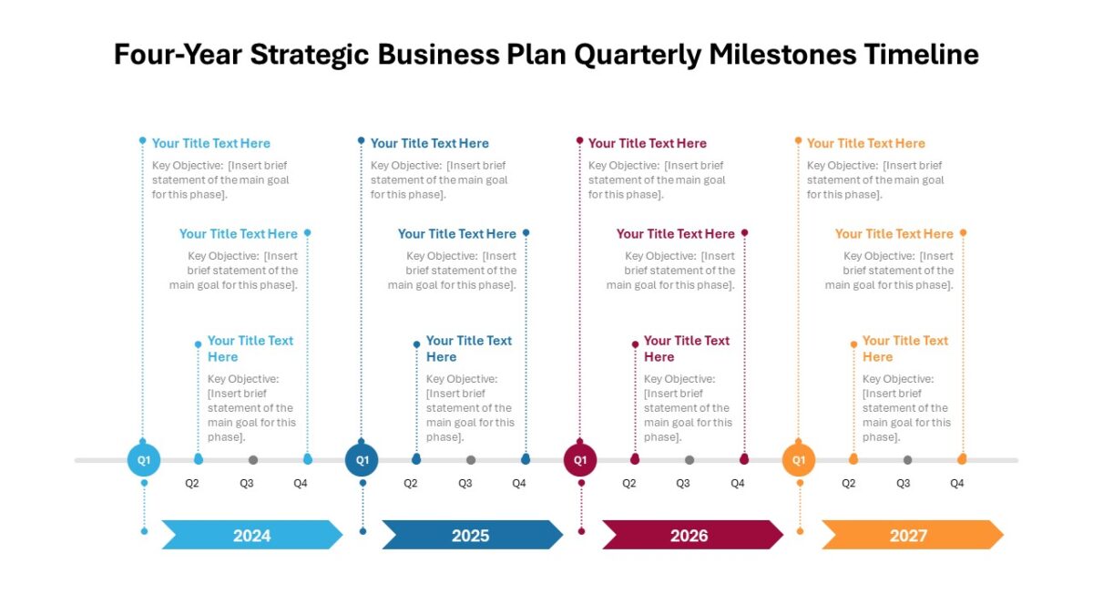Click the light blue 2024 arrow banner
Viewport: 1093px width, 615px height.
pos(252,535)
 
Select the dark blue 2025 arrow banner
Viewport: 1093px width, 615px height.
pos(472,535)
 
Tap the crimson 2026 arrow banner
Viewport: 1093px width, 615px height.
pos(692,535)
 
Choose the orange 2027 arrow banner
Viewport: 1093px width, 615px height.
pos(913,535)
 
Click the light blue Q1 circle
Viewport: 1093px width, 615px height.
pos(144,460)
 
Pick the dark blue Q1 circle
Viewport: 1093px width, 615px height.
pos(362,460)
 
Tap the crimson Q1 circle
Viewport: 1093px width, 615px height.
pos(580,460)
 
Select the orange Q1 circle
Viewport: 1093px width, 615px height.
pos(799,460)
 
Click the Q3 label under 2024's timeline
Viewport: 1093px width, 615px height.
pos(247,483)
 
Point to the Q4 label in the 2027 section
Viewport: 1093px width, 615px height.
pos(957,483)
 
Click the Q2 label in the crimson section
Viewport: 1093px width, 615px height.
pos(629,483)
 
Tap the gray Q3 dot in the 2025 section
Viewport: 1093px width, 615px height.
pos(471,460)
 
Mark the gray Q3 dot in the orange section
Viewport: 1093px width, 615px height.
pos(907,460)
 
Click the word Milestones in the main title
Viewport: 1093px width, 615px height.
pos(782,54)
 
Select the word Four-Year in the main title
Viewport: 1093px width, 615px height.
pos(178,54)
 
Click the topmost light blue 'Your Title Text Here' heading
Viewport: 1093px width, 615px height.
pos(210,144)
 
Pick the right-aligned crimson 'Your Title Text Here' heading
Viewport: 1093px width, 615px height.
pos(675,234)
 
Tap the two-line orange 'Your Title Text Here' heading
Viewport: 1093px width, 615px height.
pos(905,348)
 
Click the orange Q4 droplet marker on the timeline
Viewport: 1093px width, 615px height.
pos(962,458)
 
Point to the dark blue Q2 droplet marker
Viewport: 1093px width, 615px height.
pos(416,458)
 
